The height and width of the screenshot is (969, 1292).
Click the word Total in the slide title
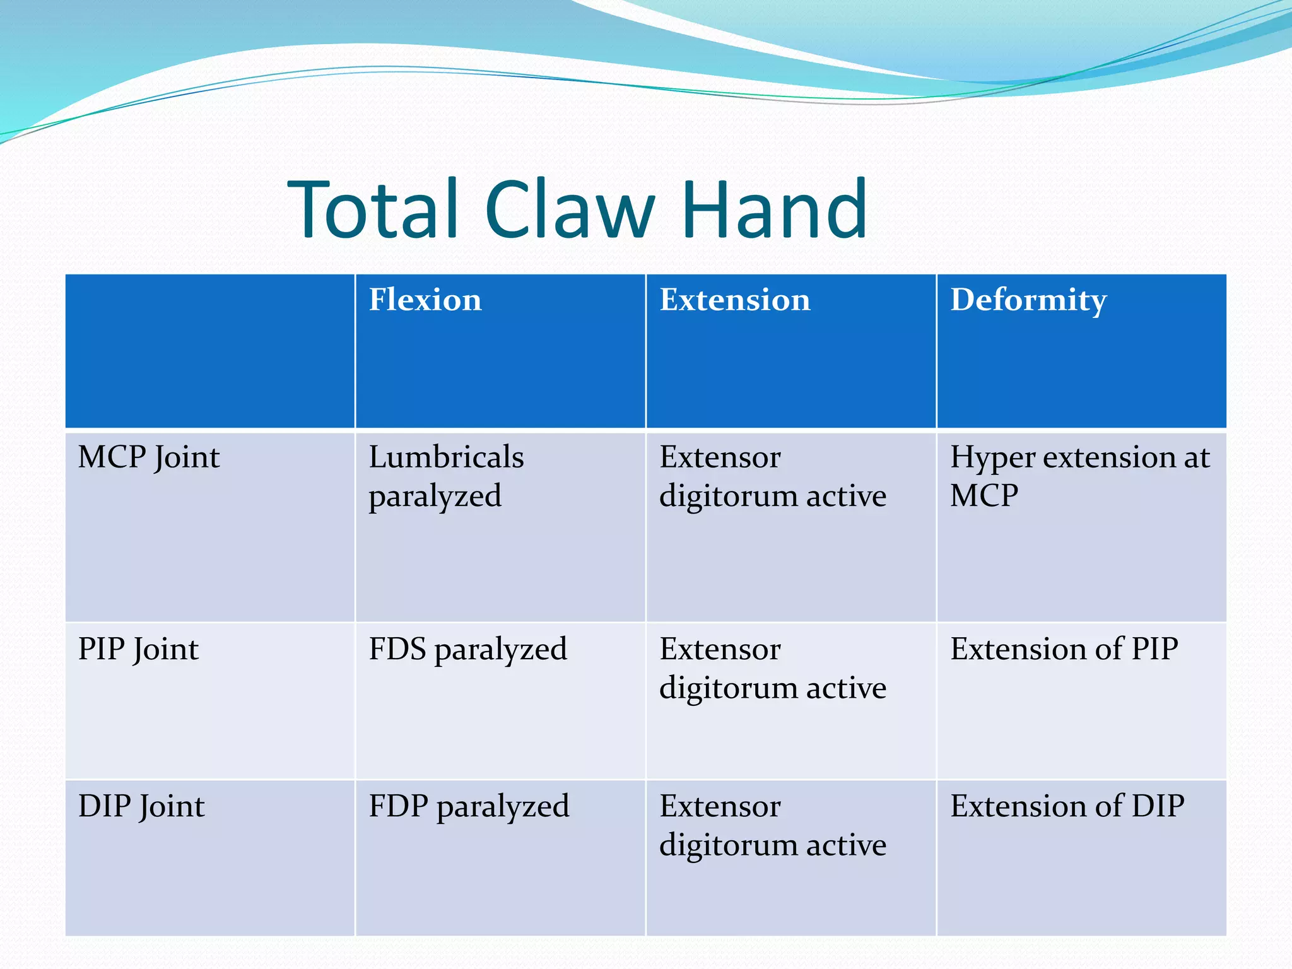tap(372, 209)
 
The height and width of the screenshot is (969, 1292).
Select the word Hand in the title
tap(774, 209)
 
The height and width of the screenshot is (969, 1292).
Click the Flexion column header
tap(425, 300)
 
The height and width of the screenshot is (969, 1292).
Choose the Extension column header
tap(735, 300)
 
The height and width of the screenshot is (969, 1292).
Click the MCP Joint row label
tap(149, 457)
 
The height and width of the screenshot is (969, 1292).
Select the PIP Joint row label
tap(138, 649)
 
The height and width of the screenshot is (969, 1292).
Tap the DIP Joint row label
tap(141, 806)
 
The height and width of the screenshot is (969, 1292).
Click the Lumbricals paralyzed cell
tap(446, 476)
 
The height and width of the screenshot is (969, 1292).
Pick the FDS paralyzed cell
tap(467, 649)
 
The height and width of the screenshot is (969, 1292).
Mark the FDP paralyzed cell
tap(469, 806)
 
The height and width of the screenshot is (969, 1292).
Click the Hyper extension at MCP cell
tap(1079, 476)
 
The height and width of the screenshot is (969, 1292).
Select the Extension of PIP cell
tap(1064, 649)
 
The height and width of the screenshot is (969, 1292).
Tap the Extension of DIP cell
tap(1067, 806)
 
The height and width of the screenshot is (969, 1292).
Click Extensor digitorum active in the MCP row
tap(773, 476)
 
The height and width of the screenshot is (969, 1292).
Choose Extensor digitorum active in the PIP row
tap(773, 668)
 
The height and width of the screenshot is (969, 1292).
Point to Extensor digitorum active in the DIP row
tap(773, 825)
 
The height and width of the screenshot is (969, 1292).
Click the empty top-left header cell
tap(210, 351)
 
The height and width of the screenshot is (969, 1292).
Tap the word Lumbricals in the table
tap(446, 457)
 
